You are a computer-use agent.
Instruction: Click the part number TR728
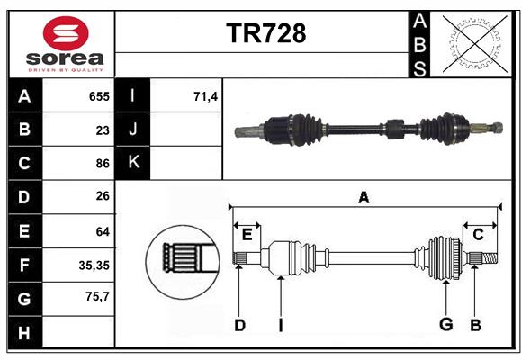coord(265,33)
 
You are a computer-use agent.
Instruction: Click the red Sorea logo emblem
coord(65,34)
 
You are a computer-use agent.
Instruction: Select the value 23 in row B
coord(103,130)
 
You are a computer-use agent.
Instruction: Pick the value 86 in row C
coord(103,164)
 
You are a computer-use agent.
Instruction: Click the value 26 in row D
coord(103,197)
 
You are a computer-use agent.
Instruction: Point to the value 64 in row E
coord(103,231)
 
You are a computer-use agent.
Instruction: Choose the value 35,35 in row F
coord(94,265)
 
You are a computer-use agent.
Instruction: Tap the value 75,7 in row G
coord(96,295)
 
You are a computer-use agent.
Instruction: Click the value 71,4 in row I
coord(206,96)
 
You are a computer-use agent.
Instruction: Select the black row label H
coord(24,332)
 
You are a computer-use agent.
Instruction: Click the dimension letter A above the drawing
coord(364,197)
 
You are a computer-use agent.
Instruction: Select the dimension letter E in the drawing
coord(247,234)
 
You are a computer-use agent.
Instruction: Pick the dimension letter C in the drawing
coord(478,234)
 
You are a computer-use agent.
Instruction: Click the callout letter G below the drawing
coord(445,324)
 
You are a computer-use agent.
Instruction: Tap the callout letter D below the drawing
coord(239,324)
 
